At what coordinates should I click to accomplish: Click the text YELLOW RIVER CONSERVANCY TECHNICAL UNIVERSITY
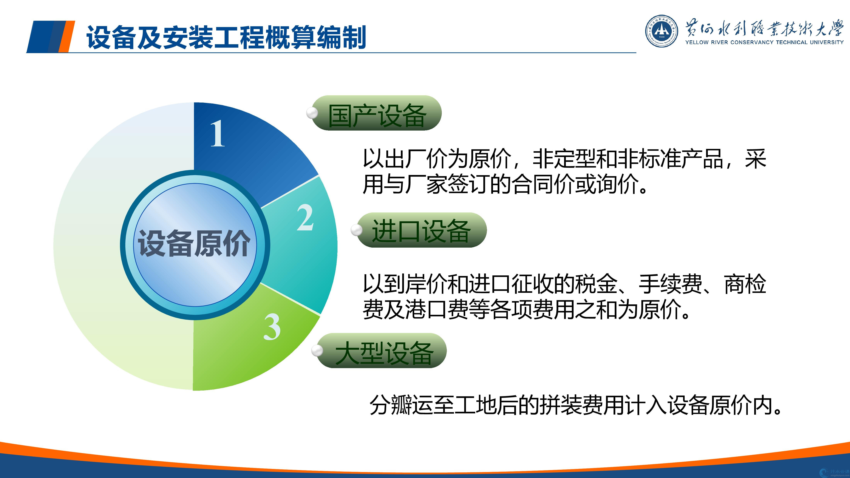click(x=764, y=42)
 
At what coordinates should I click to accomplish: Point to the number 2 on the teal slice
click(x=305, y=217)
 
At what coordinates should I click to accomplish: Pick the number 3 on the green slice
click(x=272, y=327)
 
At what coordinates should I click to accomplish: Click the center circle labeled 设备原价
click(x=195, y=245)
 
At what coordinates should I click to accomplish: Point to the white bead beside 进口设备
click(x=357, y=230)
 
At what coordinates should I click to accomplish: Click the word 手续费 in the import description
click(x=671, y=284)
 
